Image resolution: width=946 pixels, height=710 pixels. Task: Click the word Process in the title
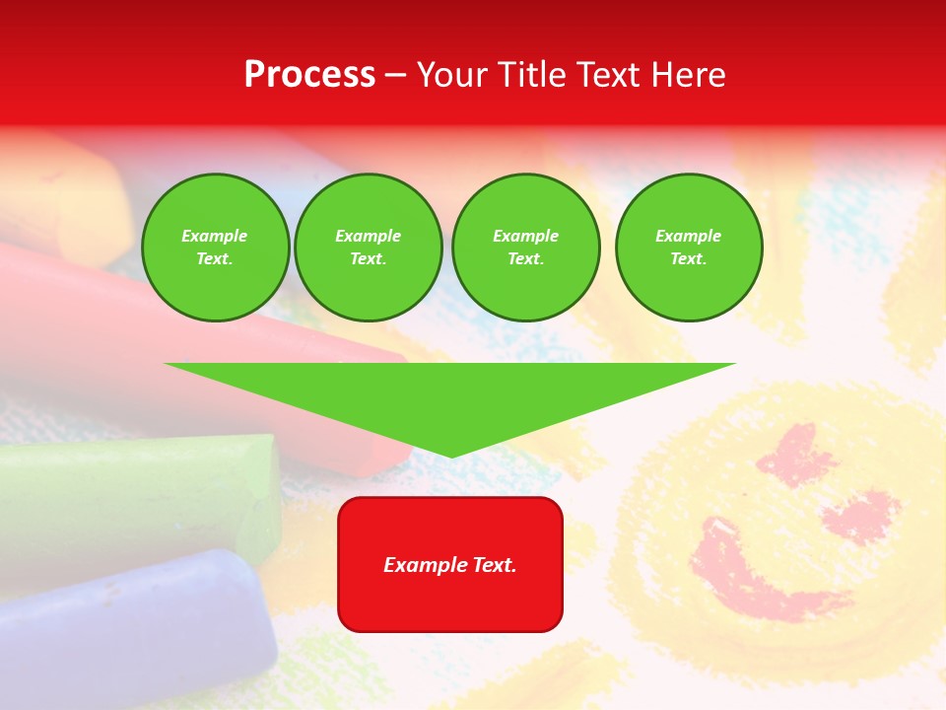point(309,75)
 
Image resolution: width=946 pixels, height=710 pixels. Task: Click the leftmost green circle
point(215,248)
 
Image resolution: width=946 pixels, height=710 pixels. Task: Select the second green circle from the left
point(369,248)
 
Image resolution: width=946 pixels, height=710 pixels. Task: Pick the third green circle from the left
point(525,248)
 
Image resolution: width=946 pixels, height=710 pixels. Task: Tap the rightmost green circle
point(688,248)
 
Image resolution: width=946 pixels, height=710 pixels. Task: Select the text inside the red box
point(450,565)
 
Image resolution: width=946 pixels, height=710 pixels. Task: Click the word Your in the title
point(454,75)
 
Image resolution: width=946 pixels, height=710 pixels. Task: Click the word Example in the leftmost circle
point(215,236)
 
